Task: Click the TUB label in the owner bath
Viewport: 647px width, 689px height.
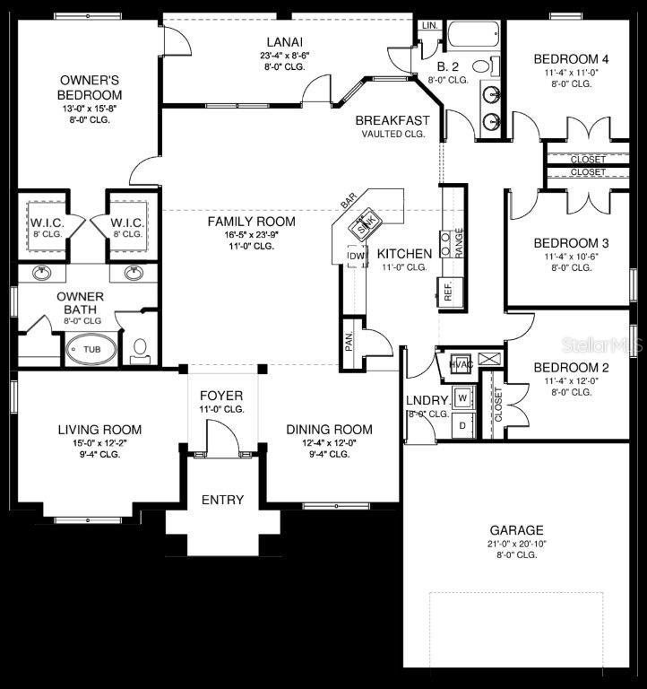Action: tap(91, 349)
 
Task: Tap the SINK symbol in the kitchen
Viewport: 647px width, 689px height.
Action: tap(365, 224)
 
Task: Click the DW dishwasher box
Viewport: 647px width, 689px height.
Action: tap(356, 257)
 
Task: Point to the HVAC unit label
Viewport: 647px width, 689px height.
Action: tap(460, 363)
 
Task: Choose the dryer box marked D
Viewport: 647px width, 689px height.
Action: tap(462, 425)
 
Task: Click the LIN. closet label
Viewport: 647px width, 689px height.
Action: tap(429, 25)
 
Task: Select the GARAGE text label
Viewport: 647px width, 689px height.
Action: tap(515, 530)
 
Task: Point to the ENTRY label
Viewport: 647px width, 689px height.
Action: tap(221, 500)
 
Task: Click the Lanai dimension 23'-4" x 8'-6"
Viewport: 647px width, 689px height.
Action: tap(284, 55)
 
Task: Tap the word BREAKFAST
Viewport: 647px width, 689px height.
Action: tap(392, 120)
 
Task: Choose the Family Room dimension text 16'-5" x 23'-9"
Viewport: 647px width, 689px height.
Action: tap(251, 235)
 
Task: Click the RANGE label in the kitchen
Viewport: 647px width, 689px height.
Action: tap(459, 242)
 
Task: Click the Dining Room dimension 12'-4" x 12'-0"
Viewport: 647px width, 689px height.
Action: tap(329, 442)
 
